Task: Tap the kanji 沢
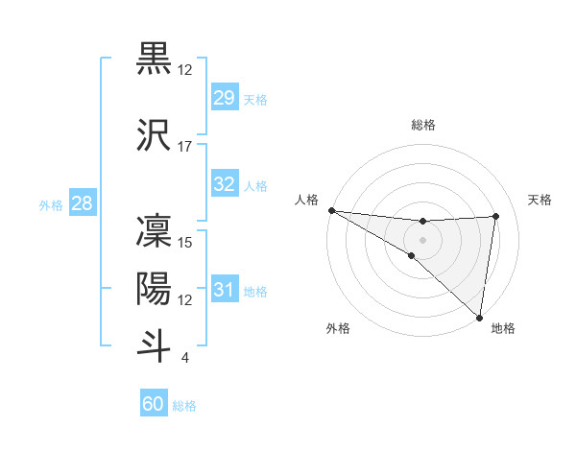click(155, 134)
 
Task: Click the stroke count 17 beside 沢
click(185, 147)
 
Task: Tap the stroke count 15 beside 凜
click(185, 243)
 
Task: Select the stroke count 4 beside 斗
click(184, 358)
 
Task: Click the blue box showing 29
click(225, 97)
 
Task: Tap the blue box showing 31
click(225, 289)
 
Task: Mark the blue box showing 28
click(82, 202)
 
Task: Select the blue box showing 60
click(154, 404)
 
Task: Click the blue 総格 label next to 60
click(185, 407)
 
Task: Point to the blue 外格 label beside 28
click(51, 205)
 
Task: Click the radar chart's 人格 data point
click(331, 210)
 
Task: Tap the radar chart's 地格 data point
click(479, 317)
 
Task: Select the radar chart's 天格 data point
click(496, 216)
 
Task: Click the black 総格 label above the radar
click(423, 125)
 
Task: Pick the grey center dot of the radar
click(423, 239)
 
